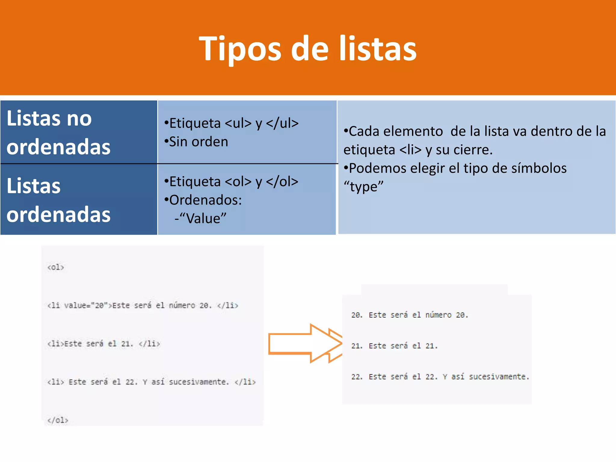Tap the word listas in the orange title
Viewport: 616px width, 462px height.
tap(378, 49)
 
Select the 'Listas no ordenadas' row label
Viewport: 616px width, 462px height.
tap(59, 132)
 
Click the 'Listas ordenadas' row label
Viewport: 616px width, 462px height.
tap(59, 200)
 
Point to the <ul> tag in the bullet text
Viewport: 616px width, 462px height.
tap(238, 123)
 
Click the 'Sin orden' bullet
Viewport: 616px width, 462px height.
tap(199, 142)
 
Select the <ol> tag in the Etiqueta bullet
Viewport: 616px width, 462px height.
tap(238, 181)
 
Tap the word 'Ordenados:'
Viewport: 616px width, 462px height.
tap(205, 200)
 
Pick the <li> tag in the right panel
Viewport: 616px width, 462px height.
tap(410, 150)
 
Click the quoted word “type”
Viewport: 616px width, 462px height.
tap(364, 187)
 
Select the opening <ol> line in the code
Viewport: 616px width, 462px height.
tap(56, 267)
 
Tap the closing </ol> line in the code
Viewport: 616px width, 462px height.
tap(58, 420)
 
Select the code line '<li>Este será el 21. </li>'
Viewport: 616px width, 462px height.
tap(103, 343)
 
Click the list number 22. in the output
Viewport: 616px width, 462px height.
tap(357, 377)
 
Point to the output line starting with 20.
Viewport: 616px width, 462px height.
tap(410, 315)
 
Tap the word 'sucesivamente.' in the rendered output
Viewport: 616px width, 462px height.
tap(499, 377)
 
